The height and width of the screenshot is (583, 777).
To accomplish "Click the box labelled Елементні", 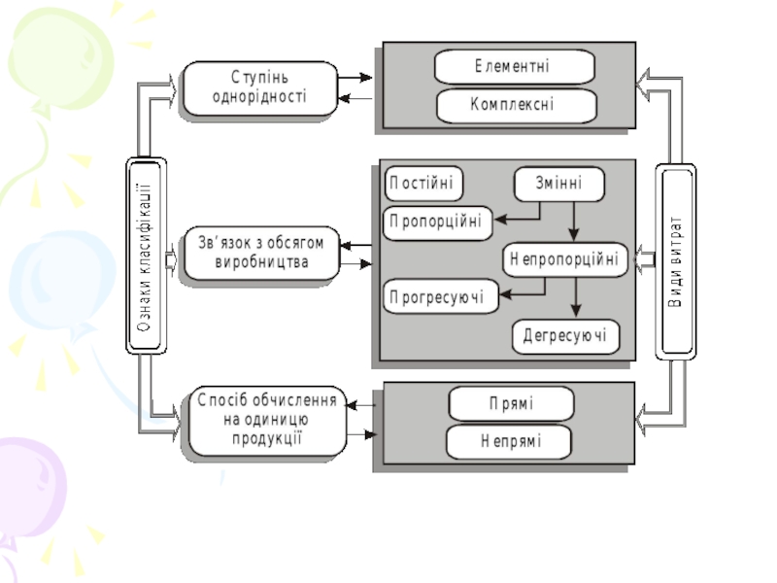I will click(x=514, y=67).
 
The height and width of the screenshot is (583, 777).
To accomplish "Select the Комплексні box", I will click(x=514, y=105).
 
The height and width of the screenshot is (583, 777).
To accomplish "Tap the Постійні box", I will click(x=424, y=184).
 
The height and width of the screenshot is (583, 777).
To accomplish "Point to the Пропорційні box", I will click(x=437, y=222).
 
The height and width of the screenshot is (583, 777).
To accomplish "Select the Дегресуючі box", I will click(x=565, y=336).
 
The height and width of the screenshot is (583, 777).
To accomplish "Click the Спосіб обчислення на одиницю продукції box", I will click(x=268, y=420).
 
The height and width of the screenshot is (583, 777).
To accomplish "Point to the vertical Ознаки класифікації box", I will click(x=147, y=255).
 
